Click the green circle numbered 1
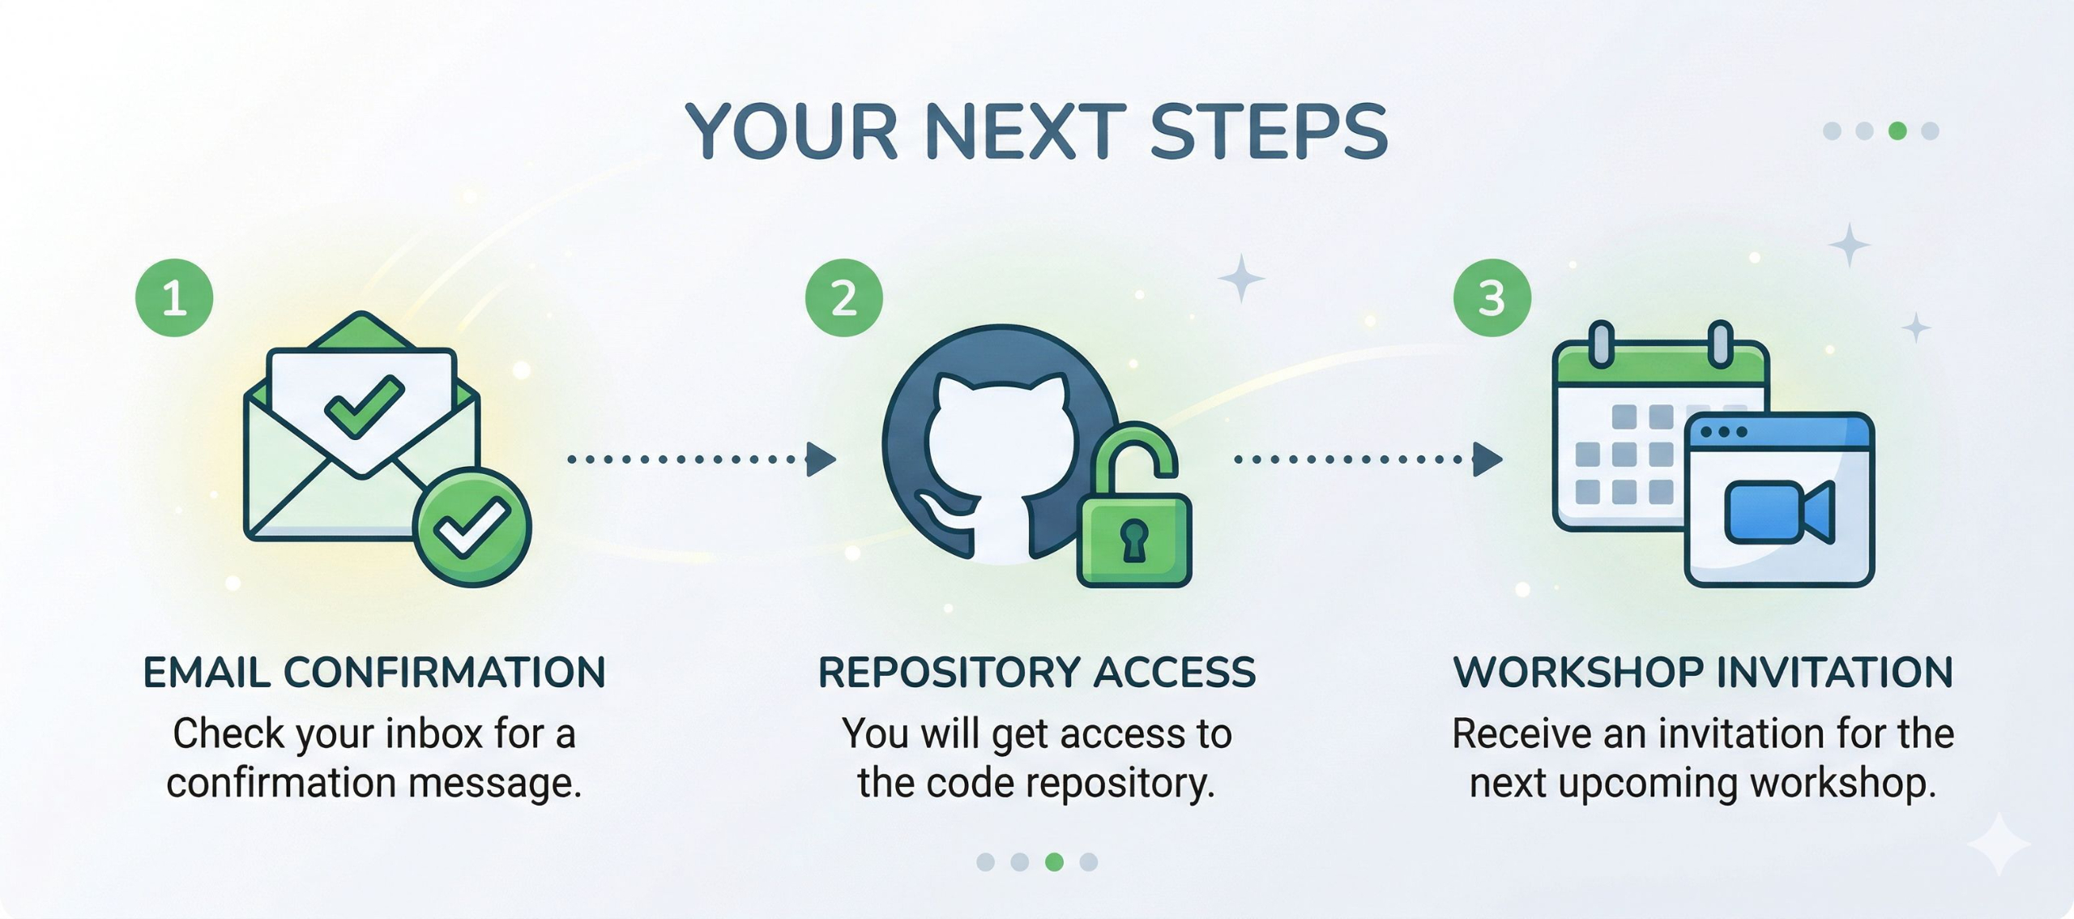(x=174, y=297)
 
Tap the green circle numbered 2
(x=843, y=297)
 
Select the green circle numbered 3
(x=1491, y=297)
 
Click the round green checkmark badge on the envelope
(x=472, y=528)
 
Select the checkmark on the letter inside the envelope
(x=364, y=406)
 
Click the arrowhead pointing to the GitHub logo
(x=820, y=459)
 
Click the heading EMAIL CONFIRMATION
(x=374, y=673)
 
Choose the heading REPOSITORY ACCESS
(x=1036, y=673)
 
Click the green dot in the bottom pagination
(x=1054, y=861)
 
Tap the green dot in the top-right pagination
(x=1897, y=130)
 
